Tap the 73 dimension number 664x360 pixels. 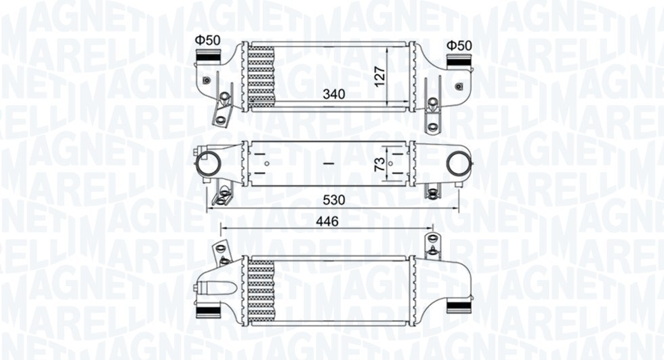380,163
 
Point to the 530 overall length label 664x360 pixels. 334,200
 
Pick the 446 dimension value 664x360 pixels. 327,222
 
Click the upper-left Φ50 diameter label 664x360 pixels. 208,40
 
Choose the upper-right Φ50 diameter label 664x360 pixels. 459,45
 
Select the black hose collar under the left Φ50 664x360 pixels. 208,60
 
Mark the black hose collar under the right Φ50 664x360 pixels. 458,62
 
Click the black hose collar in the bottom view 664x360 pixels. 208,311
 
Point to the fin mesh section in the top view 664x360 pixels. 262,75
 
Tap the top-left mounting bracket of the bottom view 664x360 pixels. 220,252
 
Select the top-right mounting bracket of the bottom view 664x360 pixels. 432,245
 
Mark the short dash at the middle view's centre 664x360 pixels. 328,163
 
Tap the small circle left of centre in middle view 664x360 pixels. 266,163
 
